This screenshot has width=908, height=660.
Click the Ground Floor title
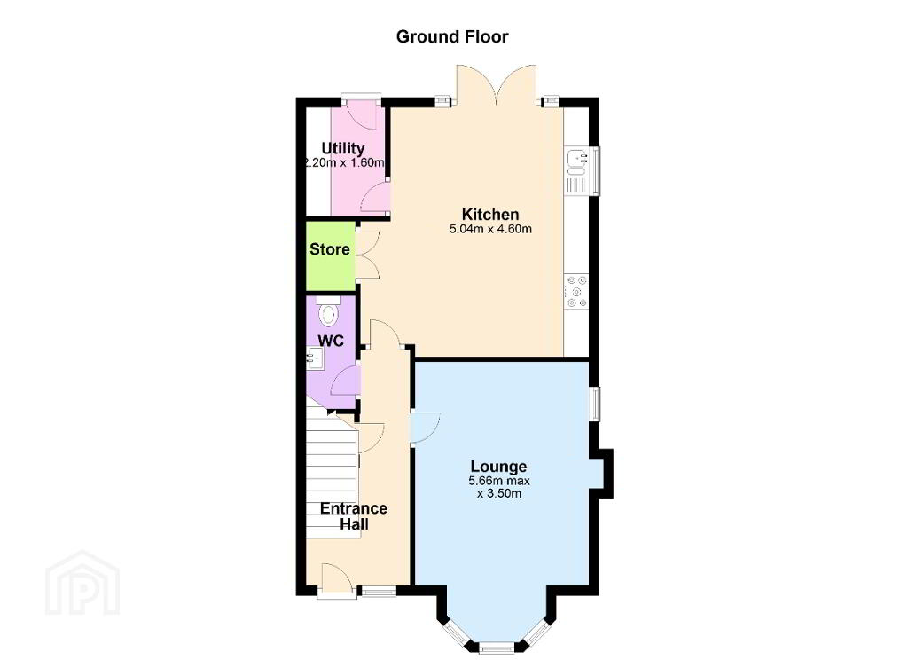click(452, 36)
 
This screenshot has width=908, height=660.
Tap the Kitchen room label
click(489, 215)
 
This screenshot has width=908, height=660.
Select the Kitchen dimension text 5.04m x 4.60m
click(490, 229)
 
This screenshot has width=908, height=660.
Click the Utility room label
click(343, 148)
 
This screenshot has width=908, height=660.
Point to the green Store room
click(330, 256)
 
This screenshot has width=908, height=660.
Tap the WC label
click(331, 341)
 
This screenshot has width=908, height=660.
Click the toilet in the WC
click(329, 311)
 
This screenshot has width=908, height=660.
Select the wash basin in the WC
click(316, 357)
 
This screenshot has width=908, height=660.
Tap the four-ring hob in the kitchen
click(576, 291)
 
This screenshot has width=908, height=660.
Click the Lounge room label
click(498, 467)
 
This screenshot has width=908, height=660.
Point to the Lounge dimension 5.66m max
click(499, 481)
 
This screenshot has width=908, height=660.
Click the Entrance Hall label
click(353, 516)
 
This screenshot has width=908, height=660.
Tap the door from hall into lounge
click(425, 427)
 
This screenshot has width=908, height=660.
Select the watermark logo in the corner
click(82, 582)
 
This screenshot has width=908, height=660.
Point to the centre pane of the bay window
click(497, 648)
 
